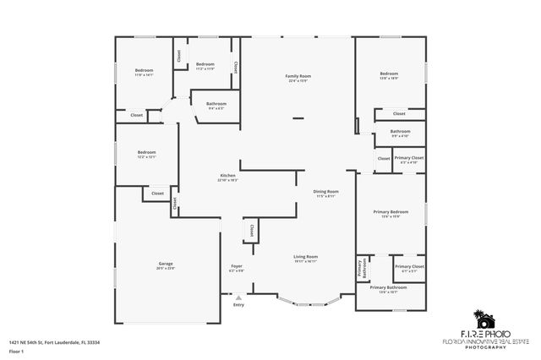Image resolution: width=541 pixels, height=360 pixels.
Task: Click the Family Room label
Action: (298, 76)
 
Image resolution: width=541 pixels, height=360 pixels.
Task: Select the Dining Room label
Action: (325, 192)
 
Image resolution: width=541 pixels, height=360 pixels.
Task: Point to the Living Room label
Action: (305, 257)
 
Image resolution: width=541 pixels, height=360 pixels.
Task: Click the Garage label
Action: (165, 264)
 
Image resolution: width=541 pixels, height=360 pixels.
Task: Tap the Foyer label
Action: (237, 266)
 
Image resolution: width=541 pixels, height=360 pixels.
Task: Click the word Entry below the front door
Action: (238, 304)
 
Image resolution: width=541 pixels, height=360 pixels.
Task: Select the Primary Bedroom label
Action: (391, 211)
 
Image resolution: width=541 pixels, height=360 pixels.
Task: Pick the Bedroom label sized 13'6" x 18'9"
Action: (389, 74)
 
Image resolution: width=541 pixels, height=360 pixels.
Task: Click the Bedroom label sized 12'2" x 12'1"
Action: (147, 152)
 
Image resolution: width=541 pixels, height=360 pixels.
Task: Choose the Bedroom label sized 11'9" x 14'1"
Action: (145, 70)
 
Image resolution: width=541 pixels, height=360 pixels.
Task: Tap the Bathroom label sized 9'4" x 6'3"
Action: (216, 104)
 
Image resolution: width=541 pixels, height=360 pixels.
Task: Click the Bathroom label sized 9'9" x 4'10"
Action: (400, 132)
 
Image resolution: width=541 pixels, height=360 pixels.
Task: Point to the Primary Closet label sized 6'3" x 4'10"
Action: (409, 158)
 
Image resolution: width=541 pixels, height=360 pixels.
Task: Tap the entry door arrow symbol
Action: (238, 297)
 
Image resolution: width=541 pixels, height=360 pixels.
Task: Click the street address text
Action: (54, 342)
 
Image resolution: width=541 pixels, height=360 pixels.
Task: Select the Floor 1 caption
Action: (14, 350)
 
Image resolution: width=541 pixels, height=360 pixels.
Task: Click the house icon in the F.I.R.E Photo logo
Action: (484, 319)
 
